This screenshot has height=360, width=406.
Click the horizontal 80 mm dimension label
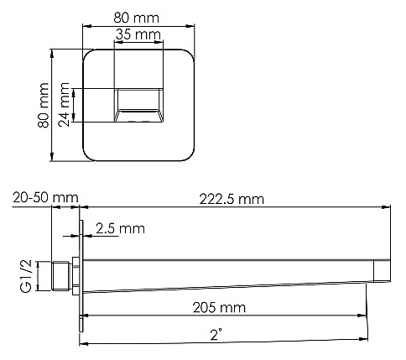[137, 18]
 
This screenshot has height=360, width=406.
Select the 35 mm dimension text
[138, 34]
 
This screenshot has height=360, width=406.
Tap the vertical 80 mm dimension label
[44, 105]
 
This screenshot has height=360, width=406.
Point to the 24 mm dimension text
[64, 105]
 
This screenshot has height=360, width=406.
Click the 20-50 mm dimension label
[45, 198]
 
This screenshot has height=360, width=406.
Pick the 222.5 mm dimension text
[232, 200]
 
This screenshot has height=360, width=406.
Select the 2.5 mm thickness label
[120, 228]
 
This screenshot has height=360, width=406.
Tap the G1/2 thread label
[26, 276]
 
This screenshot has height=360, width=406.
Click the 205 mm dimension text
[219, 308]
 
